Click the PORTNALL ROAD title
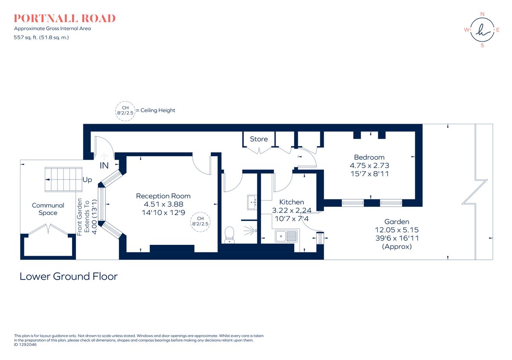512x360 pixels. point(65,18)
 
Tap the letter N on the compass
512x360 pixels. point(482,14)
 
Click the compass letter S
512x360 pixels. point(482,45)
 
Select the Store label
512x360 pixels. point(259,139)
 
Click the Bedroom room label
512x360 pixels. point(369,157)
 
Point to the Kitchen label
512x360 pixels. point(292,202)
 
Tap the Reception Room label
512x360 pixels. point(163,196)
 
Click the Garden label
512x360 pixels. point(397,222)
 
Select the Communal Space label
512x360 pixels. point(48,209)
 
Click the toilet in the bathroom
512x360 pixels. point(230,235)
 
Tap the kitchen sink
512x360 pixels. point(286,236)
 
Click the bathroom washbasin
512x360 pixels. point(252,202)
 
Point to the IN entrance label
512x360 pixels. point(104,165)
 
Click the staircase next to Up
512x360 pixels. point(63,180)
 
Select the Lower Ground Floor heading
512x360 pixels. point(69,276)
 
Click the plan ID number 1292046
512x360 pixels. point(28,345)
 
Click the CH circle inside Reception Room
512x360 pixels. point(200,222)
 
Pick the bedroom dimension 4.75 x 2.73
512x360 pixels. point(369,165)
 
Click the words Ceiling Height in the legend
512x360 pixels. point(158,110)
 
